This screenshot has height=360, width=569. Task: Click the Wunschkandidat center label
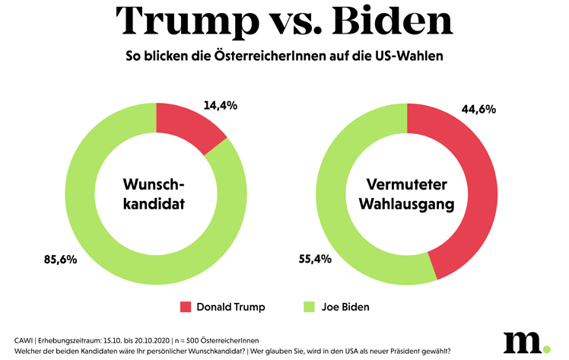click(x=155, y=193)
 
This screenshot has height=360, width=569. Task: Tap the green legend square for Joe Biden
click(x=308, y=307)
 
